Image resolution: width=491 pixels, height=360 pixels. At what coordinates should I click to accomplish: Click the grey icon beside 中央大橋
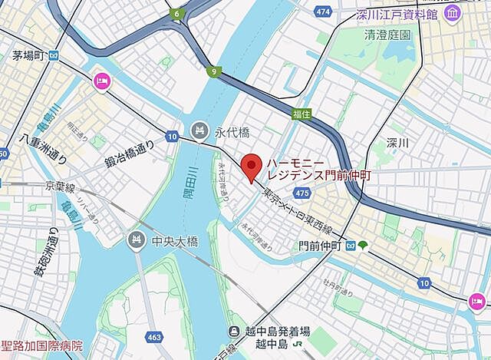137,239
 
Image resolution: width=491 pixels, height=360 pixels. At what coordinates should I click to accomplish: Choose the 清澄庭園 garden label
387,35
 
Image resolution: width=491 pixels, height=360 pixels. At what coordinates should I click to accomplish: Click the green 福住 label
302,113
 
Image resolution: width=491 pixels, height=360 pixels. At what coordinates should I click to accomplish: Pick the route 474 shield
322,12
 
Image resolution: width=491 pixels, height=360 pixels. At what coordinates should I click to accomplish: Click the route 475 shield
302,193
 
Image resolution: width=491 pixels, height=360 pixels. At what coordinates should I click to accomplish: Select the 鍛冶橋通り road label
129,154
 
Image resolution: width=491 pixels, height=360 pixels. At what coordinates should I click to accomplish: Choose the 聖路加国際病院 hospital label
42,347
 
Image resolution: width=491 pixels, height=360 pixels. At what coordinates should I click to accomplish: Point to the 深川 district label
397,143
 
